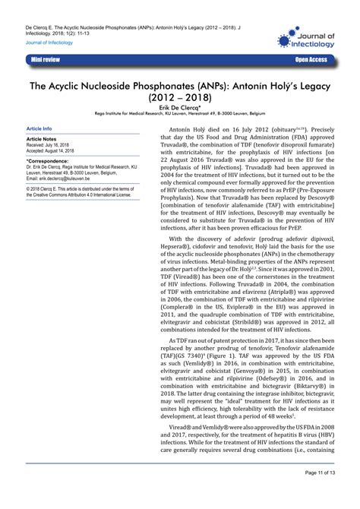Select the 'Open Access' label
coord(311,58)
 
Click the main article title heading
coord(179,93)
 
